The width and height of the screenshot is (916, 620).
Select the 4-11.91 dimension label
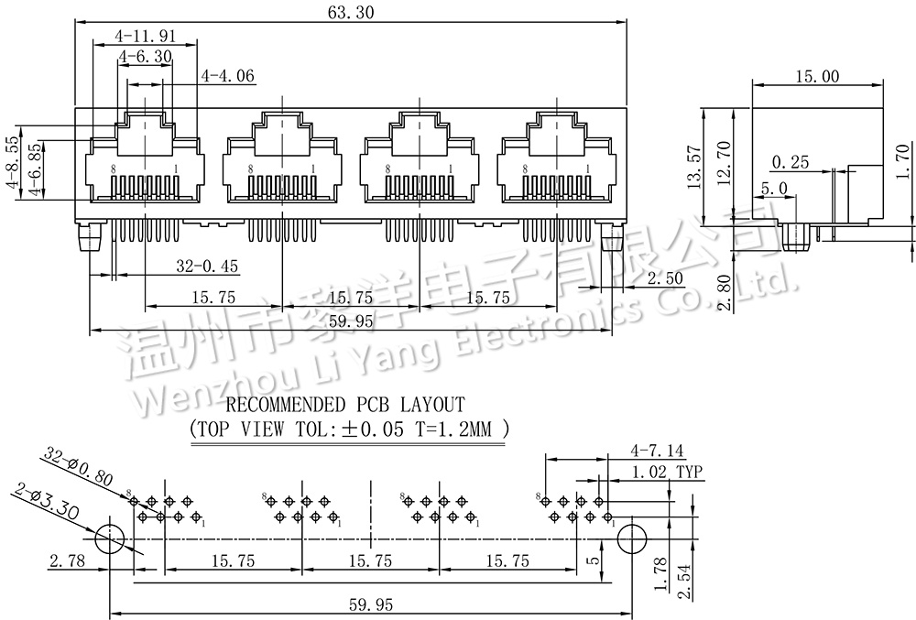[x=145, y=37]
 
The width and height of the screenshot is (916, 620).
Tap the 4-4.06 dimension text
[x=227, y=76]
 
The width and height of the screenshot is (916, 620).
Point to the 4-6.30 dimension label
[x=145, y=57]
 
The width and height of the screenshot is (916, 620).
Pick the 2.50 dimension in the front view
[x=664, y=277]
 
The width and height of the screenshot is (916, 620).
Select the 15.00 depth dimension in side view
[x=818, y=77]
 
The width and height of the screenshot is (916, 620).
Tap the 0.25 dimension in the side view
[x=791, y=163]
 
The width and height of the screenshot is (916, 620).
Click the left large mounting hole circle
[x=111, y=538]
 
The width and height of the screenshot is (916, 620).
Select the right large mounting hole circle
[x=631, y=538]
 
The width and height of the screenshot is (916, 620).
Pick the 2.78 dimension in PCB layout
[x=70, y=560]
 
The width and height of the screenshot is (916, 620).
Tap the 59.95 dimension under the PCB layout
[x=371, y=604]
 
